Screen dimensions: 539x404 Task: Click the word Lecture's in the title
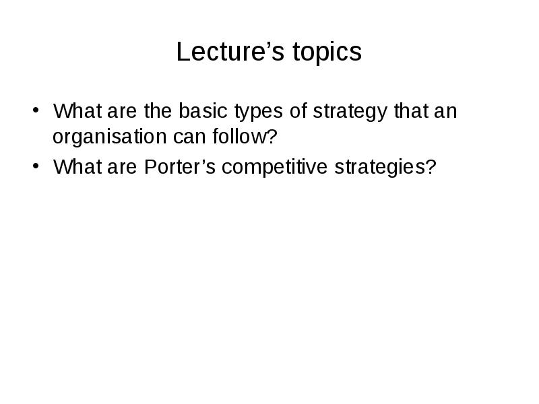pyautogui.click(x=230, y=51)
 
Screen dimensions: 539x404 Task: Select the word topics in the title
pyautogui.click(x=327, y=53)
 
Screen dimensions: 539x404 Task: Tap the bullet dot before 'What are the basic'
pyautogui.click(x=36, y=110)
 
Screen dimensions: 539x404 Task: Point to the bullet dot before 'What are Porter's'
pyautogui.click(x=36, y=166)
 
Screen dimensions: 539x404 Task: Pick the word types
pyautogui.click(x=259, y=112)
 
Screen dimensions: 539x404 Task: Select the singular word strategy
pyautogui.click(x=350, y=112)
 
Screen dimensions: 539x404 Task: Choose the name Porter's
pyautogui.click(x=180, y=166)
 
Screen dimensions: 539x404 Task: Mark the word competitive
pyautogui.click(x=274, y=168)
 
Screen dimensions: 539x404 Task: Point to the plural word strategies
pyautogui.click(x=380, y=168)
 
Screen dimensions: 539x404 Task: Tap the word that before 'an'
pyautogui.click(x=411, y=110)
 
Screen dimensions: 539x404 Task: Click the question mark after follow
pyautogui.click(x=272, y=136)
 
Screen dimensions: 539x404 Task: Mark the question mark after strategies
pyautogui.click(x=431, y=166)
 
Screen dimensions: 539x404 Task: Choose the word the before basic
pyautogui.click(x=158, y=110)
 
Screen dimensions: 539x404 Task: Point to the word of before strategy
pyautogui.click(x=298, y=110)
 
